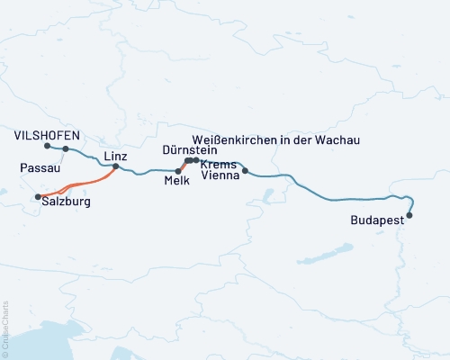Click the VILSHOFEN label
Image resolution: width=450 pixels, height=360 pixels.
click(x=48, y=135)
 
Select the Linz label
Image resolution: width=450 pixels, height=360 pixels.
click(x=115, y=156)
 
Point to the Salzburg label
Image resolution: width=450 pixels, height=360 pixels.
click(x=67, y=203)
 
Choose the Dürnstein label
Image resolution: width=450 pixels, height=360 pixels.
click(x=190, y=150)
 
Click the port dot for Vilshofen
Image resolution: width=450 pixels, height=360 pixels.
click(x=47, y=146)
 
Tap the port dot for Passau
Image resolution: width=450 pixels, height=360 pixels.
click(x=66, y=149)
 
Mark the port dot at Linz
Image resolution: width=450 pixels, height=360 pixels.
click(x=115, y=166)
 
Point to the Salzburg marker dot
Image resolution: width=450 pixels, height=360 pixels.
click(x=38, y=196)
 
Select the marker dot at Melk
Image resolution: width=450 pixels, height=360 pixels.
click(x=178, y=170)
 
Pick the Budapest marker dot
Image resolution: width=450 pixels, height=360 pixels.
click(x=410, y=215)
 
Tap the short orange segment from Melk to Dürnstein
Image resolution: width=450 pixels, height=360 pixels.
click(x=183, y=166)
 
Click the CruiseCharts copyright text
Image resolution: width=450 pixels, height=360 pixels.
click(x=5, y=328)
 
